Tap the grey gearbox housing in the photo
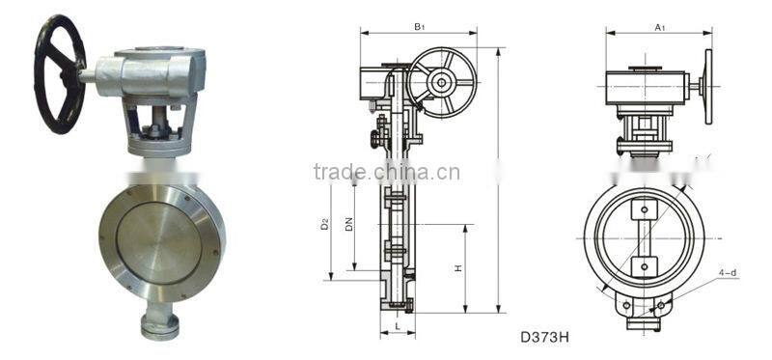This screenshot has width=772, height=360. click(x=154, y=72)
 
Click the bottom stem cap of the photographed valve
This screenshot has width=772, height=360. click(x=159, y=325)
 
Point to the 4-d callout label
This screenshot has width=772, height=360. click(x=727, y=273)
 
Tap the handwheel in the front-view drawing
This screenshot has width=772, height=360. click(x=707, y=87)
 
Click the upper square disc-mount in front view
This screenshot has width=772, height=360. click(x=643, y=209)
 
